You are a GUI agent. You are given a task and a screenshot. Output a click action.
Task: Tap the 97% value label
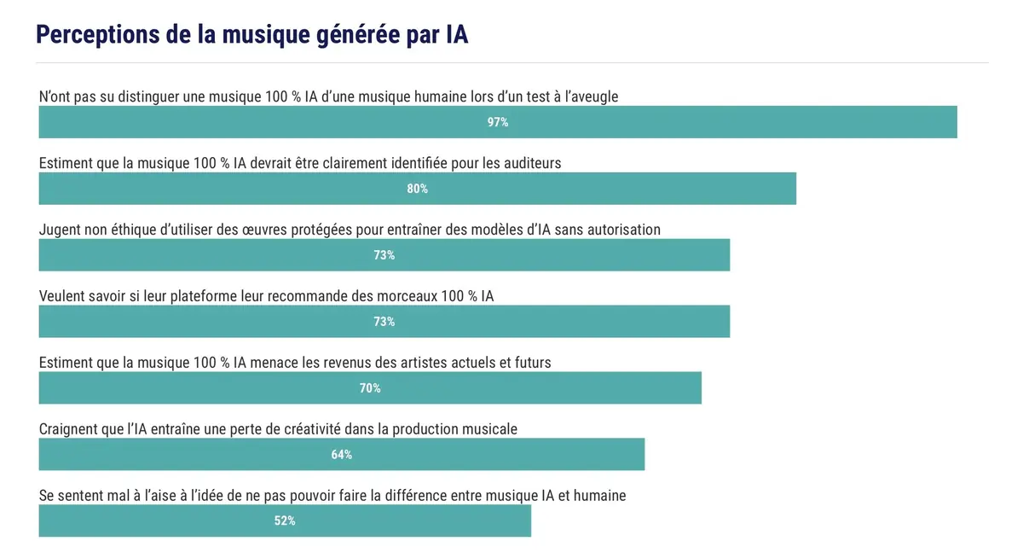[498, 122]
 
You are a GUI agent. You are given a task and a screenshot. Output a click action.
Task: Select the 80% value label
[417, 189]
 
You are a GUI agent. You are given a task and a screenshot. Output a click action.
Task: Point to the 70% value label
[370, 388]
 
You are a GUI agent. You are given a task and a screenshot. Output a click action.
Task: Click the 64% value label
[342, 455]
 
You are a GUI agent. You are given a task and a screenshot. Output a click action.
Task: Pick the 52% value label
[285, 521]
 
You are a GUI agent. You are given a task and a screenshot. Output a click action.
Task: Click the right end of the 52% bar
[529, 521]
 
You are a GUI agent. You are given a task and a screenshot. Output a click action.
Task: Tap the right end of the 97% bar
[956, 122]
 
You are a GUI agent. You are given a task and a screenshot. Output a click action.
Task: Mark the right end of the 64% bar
[643, 455]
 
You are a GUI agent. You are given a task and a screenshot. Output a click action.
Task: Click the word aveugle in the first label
[592, 96]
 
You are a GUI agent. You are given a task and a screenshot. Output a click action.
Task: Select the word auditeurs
[534, 163]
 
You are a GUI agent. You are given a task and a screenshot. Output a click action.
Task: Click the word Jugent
[60, 230]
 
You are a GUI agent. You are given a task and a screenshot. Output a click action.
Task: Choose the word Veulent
[64, 296]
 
